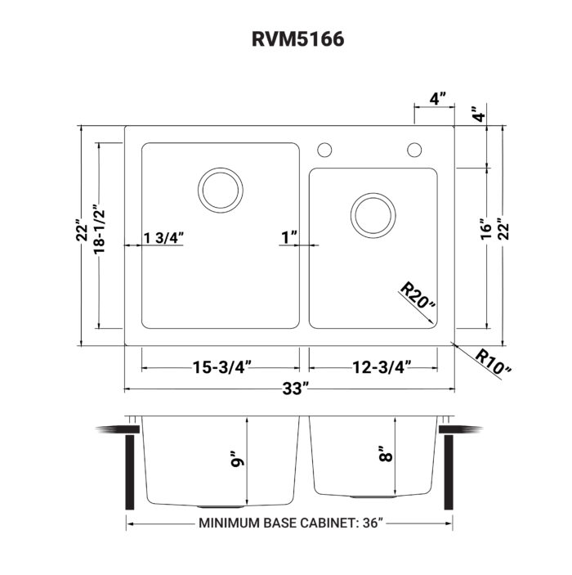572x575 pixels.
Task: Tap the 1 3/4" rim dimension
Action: pos(163,238)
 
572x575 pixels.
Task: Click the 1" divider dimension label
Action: pos(288,238)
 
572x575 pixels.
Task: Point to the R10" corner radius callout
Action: pos(493,361)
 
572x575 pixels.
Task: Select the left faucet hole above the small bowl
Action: pos(324,150)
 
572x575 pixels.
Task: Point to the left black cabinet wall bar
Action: pos(128,472)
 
